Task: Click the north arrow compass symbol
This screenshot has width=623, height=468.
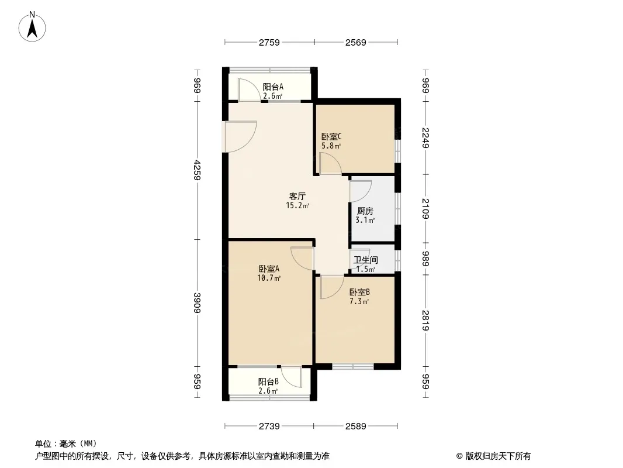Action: [x=32, y=27]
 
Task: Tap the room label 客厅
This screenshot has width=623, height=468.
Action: [x=297, y=197]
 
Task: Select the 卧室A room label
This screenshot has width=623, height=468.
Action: [x=269, y=269]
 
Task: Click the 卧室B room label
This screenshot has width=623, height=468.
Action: [x=359, y=292]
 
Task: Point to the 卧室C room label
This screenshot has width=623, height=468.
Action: [x=331, y=136]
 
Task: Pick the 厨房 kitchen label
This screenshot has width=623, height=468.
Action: [x=365, y=211]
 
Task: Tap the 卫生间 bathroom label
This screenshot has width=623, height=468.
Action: [x=365, y=260]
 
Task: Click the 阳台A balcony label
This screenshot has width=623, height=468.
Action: [x=273, y=87]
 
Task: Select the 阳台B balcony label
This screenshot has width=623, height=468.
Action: [x=268, y=382]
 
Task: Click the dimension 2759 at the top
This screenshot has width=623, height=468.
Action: [x=269, y=43]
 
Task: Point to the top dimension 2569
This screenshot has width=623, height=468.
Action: [x=355, y=43]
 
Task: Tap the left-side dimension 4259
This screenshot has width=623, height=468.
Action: [x=198, y=170]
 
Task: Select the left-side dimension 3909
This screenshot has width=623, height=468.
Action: [x=198, y=303]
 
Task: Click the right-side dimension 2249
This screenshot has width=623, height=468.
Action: [x=425, y=137]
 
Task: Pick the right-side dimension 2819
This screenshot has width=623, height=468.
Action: [x=425, y=321]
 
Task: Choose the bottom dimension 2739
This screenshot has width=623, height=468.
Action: [x=269, y=426]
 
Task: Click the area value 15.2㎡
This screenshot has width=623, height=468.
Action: [x=297, y=205]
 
